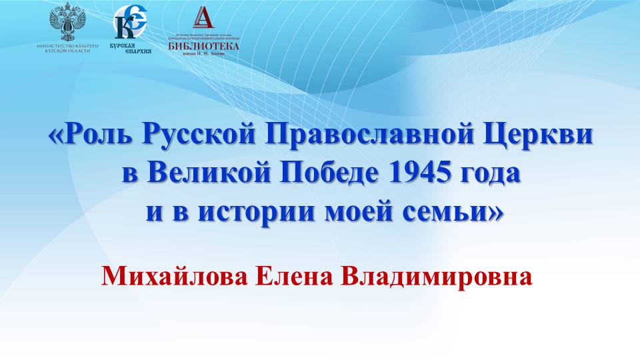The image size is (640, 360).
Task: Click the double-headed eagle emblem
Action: pos(69,23)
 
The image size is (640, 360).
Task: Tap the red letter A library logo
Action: pos(203,18)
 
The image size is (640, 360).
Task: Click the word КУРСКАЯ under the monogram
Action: pos(122,45)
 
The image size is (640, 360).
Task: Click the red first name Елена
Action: pos(297,275)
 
